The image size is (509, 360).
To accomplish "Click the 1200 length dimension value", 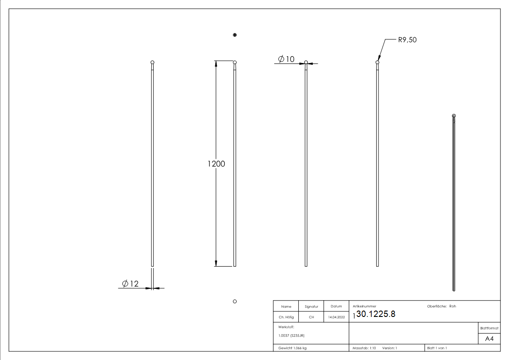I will click(x=216, y=164).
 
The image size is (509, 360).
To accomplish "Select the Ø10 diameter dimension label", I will click(x=286, y=59).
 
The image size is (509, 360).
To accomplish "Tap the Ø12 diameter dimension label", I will click(x=130, y=283).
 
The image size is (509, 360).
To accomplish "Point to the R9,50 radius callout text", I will click(x=407, y=40).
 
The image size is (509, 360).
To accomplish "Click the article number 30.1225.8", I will click(x=376, y=314).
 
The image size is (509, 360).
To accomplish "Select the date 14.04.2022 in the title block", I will click(x=336, y=317).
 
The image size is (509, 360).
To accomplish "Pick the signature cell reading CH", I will click(x=311, y=317).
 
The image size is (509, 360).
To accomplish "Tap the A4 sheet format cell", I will click(x=489, y=339).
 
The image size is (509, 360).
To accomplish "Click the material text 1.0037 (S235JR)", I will click(x=292, y=336).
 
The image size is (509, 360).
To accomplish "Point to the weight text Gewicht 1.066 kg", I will click(x=293, y=348).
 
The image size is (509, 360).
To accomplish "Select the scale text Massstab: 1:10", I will click(x=364, y=348).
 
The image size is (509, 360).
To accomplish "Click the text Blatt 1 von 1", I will click(x=437, y=348).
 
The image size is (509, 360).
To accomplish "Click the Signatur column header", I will click(x=311, y=306).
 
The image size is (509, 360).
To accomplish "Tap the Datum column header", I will click(x=336, y=306).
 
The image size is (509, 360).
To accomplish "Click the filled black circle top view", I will click(x=235, y=35).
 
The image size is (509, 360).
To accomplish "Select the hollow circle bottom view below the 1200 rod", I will click(x=235, y=302).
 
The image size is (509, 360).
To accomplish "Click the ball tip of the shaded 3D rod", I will click(x=454, y=116).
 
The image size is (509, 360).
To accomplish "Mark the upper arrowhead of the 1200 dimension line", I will click(x=216, y=63).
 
